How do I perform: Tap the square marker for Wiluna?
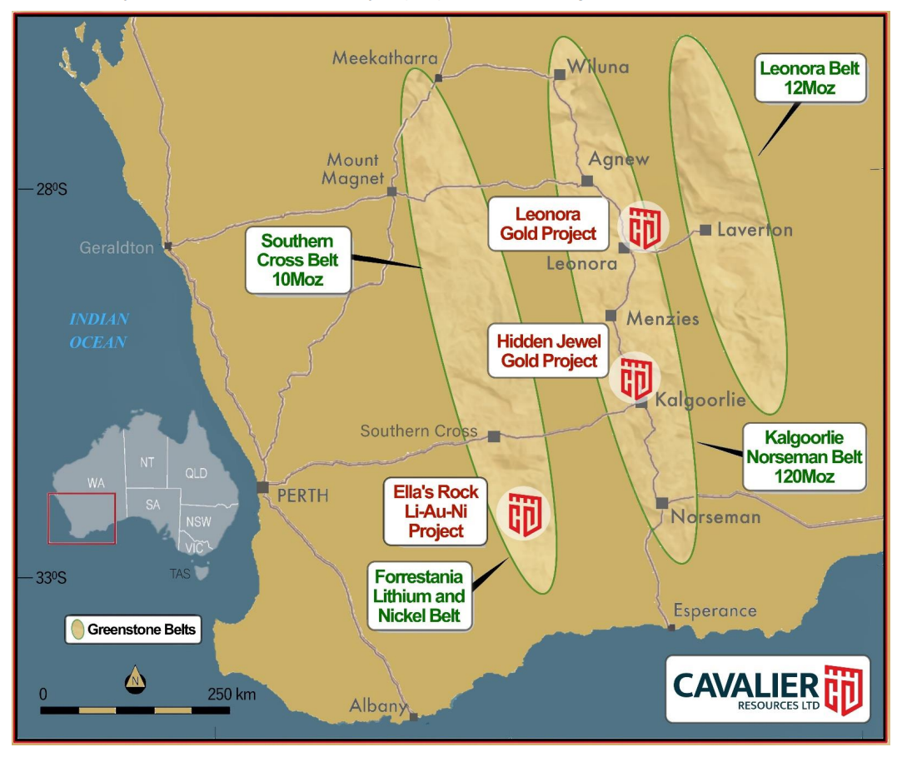[560, 75]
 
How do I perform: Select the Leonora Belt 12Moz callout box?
[809, 78]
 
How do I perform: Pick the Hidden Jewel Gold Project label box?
[548, 351]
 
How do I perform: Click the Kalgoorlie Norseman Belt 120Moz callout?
[805, 457]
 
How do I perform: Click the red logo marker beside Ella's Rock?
[523, 512]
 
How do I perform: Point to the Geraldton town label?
[117, 247]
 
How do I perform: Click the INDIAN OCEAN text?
[98, 330]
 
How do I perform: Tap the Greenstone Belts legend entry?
[133, 630]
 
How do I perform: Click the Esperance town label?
[715, 610]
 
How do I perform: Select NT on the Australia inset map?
[147, 461]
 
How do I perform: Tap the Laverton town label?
[755, 229]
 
